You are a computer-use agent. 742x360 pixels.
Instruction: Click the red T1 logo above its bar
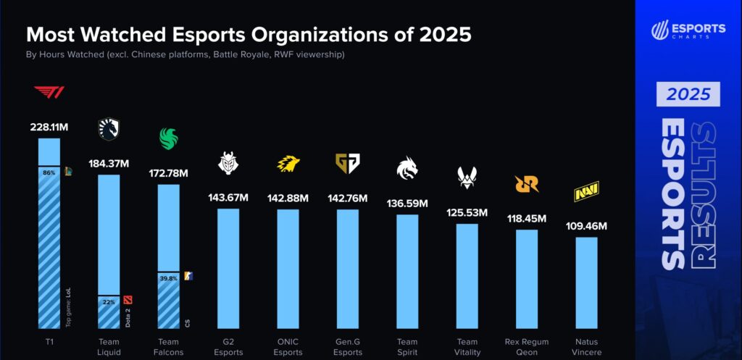[49, 93]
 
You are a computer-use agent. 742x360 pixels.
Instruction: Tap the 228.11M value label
[49, 127]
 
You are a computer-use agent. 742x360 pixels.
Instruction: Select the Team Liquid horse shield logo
[109, 130]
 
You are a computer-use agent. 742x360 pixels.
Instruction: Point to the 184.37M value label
[109, 164]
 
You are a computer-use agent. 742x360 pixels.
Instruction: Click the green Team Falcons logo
[168, 138]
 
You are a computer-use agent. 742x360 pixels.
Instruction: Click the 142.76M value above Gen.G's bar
[347, 198]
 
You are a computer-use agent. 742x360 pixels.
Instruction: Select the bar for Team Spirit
[407, 272]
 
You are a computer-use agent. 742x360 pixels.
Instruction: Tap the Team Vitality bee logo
[467, 175]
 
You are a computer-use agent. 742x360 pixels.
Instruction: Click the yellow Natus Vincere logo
[585, 193]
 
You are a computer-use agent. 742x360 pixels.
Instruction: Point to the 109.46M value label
[586, 226]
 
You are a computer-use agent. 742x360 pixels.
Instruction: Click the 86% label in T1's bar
[49, 173]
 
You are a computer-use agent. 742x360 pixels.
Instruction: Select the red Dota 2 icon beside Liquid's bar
[128, 299]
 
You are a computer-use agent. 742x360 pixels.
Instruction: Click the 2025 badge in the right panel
[688, 94]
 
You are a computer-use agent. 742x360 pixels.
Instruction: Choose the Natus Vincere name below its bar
[586, 347]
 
